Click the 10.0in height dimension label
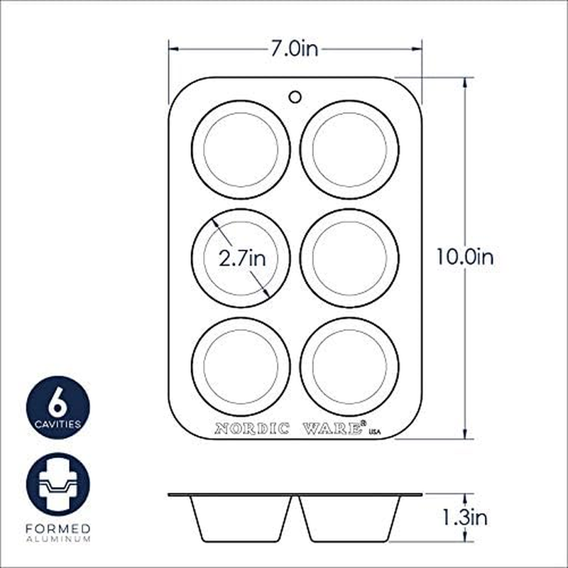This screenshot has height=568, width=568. click(464, 257)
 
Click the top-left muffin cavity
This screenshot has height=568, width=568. click(241, 150)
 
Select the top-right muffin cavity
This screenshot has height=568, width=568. click(349, 150)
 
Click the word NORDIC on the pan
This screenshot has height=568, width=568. click(252, 428)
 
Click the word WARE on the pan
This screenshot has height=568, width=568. click(333, 428)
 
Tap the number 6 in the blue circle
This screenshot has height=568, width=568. click(58, 403)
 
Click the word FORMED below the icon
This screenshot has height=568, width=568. click(58, 529)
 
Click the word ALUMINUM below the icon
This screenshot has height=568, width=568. click(58, 540)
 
